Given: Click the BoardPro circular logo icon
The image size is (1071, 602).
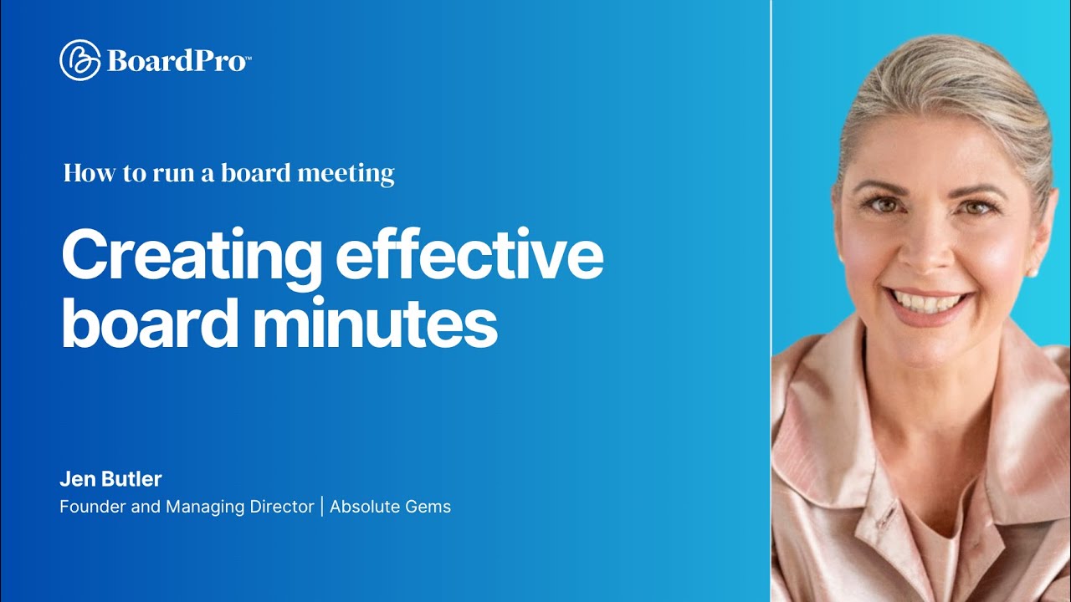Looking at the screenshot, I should [80, 60].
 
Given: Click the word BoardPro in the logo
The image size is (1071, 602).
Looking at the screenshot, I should [177, 61].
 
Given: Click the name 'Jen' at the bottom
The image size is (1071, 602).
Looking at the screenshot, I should [74, 479].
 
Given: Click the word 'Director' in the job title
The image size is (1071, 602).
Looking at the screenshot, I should [281, 507].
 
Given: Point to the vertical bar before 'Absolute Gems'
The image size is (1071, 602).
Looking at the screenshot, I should [322, 507].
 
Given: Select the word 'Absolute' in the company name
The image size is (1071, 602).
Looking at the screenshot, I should [362, 507].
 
